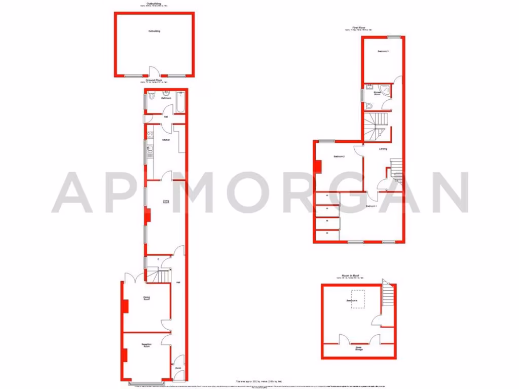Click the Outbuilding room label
(x=154, y=31)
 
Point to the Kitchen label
(x=165, y=140)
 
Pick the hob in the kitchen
(x=150, y=135)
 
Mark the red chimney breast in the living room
(x=147, y=215)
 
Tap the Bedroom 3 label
(x=383, y=52)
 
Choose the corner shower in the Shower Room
(x=386, y=90)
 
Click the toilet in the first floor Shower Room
(x=369, y=106)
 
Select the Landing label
(x=383, y=148)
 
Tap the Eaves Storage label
(x=358, y=348)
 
